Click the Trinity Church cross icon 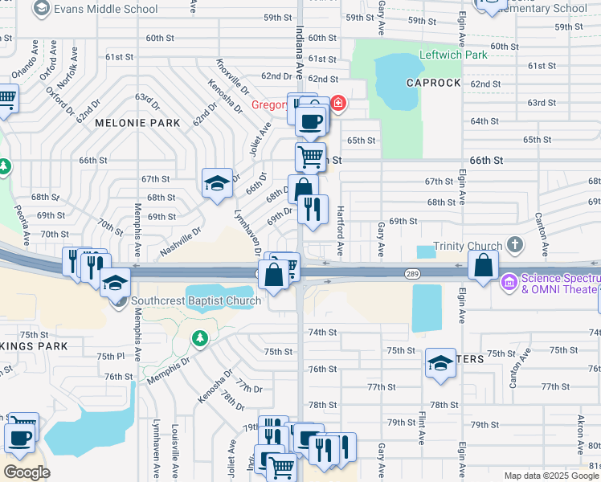(x=514, y=245)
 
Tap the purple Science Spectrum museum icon (x=509, y=283)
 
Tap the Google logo (x=27, y=472)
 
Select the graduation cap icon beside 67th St (x=216, y=184)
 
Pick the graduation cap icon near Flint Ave (x=440, y=364)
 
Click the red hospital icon (x=337, y=103)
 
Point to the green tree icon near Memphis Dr (x=199, y=339)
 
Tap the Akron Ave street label (x=581, y=434)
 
